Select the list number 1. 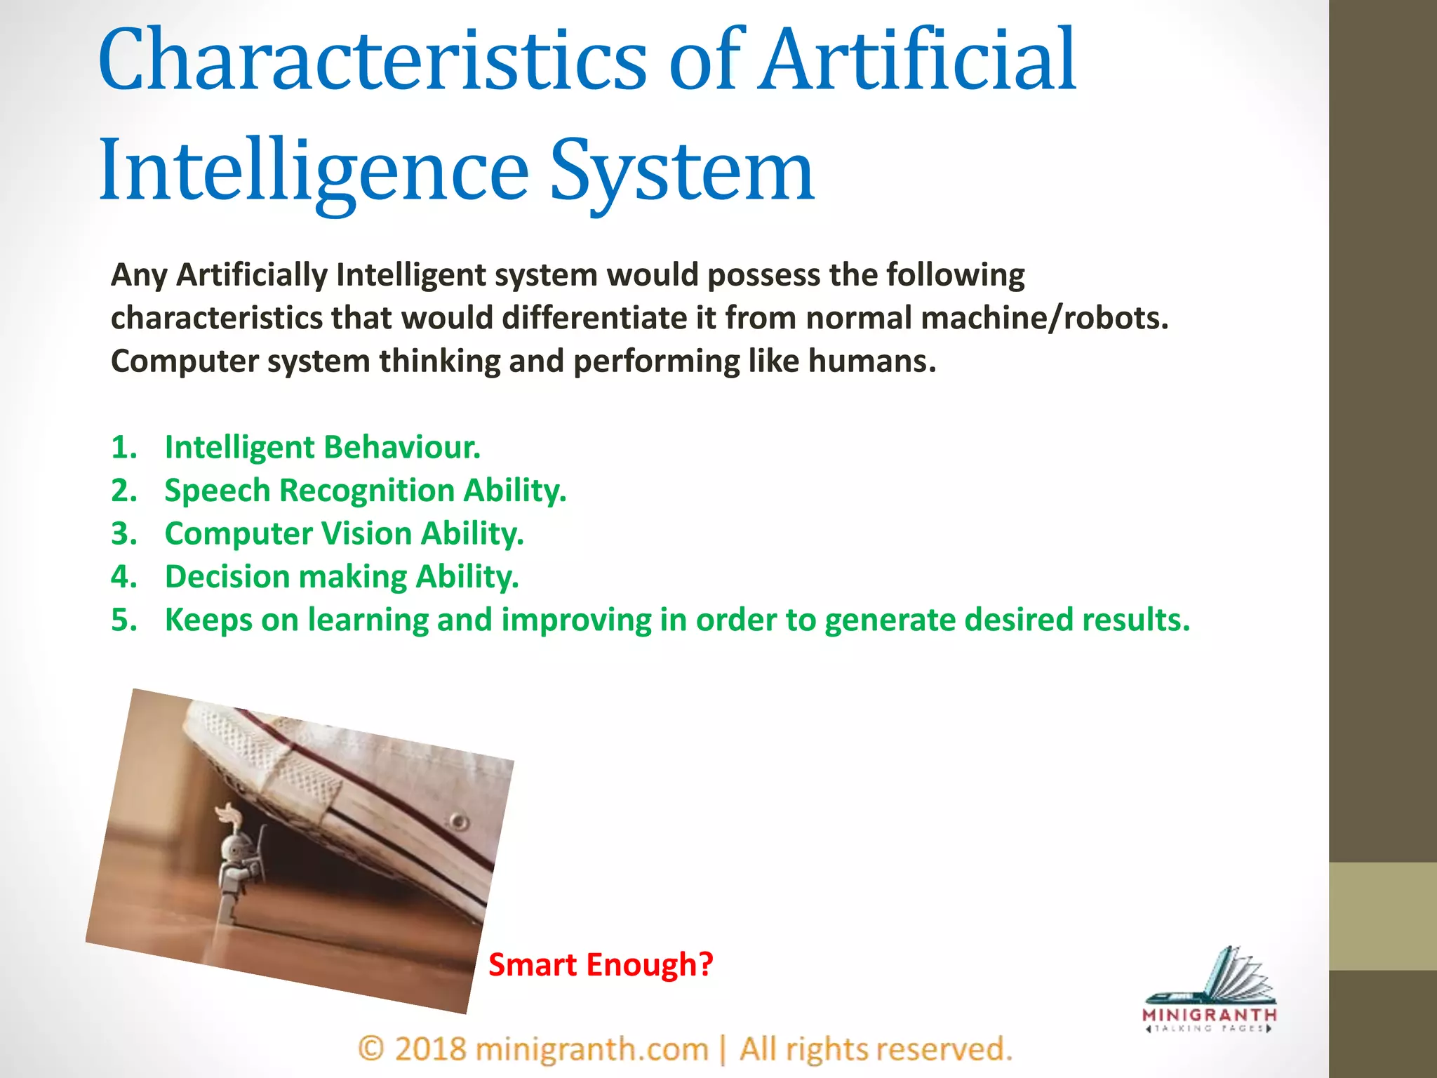click(123, 448)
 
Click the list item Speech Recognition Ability click(365, 491)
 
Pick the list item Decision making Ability click(342, 577)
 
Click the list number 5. click(123, 620)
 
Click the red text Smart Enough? click(601, 965)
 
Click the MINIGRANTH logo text click(1209, 1015)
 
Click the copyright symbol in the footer click(371, 1049)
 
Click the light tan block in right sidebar click(1382, 917)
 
